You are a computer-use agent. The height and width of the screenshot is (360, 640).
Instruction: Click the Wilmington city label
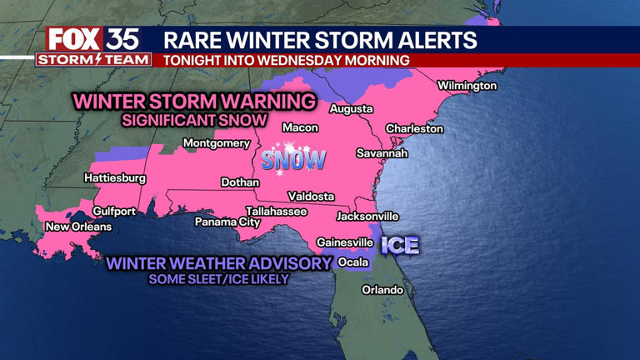click(467, 86)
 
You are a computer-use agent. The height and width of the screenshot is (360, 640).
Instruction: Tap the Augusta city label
click(351, 109)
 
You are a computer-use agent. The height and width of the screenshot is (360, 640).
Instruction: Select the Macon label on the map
click(300, 127)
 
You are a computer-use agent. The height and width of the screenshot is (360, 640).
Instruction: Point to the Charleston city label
click(414, 129)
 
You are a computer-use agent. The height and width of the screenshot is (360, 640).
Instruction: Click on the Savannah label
click(382, 153)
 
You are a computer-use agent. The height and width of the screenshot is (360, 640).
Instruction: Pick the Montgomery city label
click(217, 143)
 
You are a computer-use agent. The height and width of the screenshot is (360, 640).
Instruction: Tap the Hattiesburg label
click(115, 178)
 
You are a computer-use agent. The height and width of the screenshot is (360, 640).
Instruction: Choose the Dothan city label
click(240, 182)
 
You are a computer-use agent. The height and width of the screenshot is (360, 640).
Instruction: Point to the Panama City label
click(227, 222)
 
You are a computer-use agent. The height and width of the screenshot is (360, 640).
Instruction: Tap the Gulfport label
click(91, 212)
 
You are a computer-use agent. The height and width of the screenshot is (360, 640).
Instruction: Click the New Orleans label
click(78, 227)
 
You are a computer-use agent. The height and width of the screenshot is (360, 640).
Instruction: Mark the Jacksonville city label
click(367, 217)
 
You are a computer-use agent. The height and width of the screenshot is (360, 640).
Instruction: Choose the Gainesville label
click(344, 242)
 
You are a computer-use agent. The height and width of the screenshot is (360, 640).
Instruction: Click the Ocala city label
click(353, 262)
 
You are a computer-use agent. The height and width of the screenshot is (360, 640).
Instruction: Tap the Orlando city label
click(382, 290)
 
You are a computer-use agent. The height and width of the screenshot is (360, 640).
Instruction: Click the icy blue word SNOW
click(293, 159)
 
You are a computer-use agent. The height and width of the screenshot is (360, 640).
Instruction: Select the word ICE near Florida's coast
click(400, 246)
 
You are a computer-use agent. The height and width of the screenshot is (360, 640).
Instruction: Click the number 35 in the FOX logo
click(122, 39)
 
